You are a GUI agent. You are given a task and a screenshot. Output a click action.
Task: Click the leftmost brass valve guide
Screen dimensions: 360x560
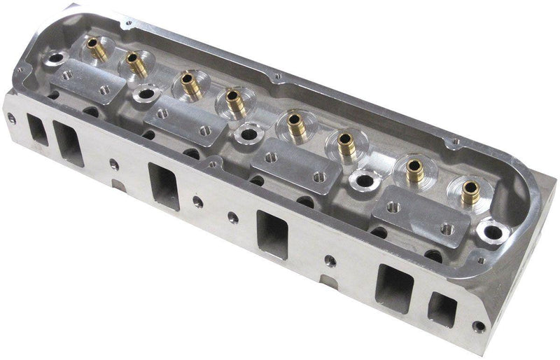click(92, 49)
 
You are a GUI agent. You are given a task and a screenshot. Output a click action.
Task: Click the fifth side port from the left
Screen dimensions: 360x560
click(394, 286)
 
